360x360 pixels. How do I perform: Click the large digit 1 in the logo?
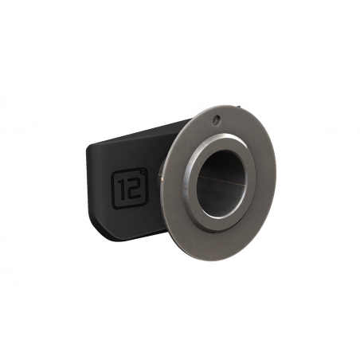(122, 190)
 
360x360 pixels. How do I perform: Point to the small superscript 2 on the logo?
(143, 172)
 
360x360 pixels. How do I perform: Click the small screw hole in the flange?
(217, 118)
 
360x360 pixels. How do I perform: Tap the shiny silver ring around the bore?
(189, 183)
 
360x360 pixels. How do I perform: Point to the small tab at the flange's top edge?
(239, 108)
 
